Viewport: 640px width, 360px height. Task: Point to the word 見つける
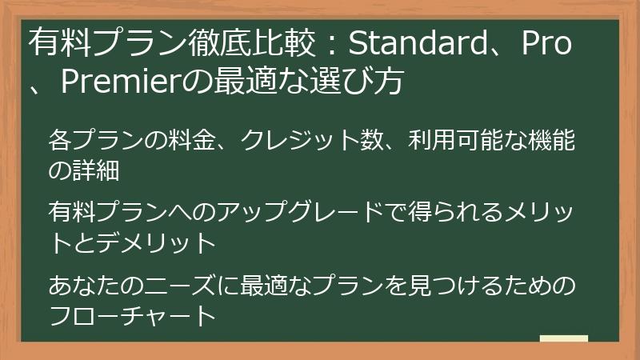pos(455,285)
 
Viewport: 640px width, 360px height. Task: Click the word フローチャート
pos(132,314)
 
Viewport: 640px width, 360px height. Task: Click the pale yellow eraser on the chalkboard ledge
pos(563,338)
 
